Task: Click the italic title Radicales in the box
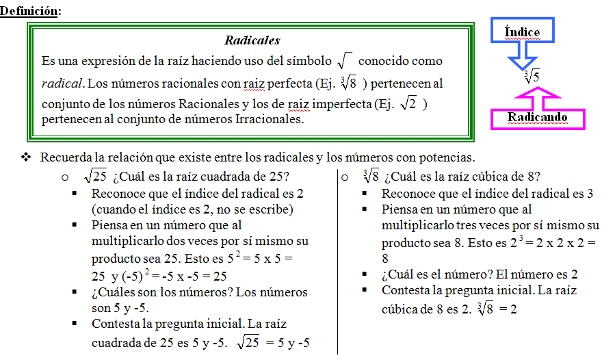(x=252, y=40)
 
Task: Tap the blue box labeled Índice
(x=522, y=31)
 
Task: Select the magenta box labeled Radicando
(x=537, y=118)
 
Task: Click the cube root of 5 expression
(x=532, y=76)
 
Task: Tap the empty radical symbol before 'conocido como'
(x=345, y=60)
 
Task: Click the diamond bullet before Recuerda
(x=27, y=157)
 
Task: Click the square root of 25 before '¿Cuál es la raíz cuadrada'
(x=95, y=175)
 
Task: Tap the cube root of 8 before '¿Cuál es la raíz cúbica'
(x=371, y=175)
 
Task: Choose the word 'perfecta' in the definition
(x=289, y=83)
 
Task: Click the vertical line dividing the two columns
(x=337, y=260)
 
